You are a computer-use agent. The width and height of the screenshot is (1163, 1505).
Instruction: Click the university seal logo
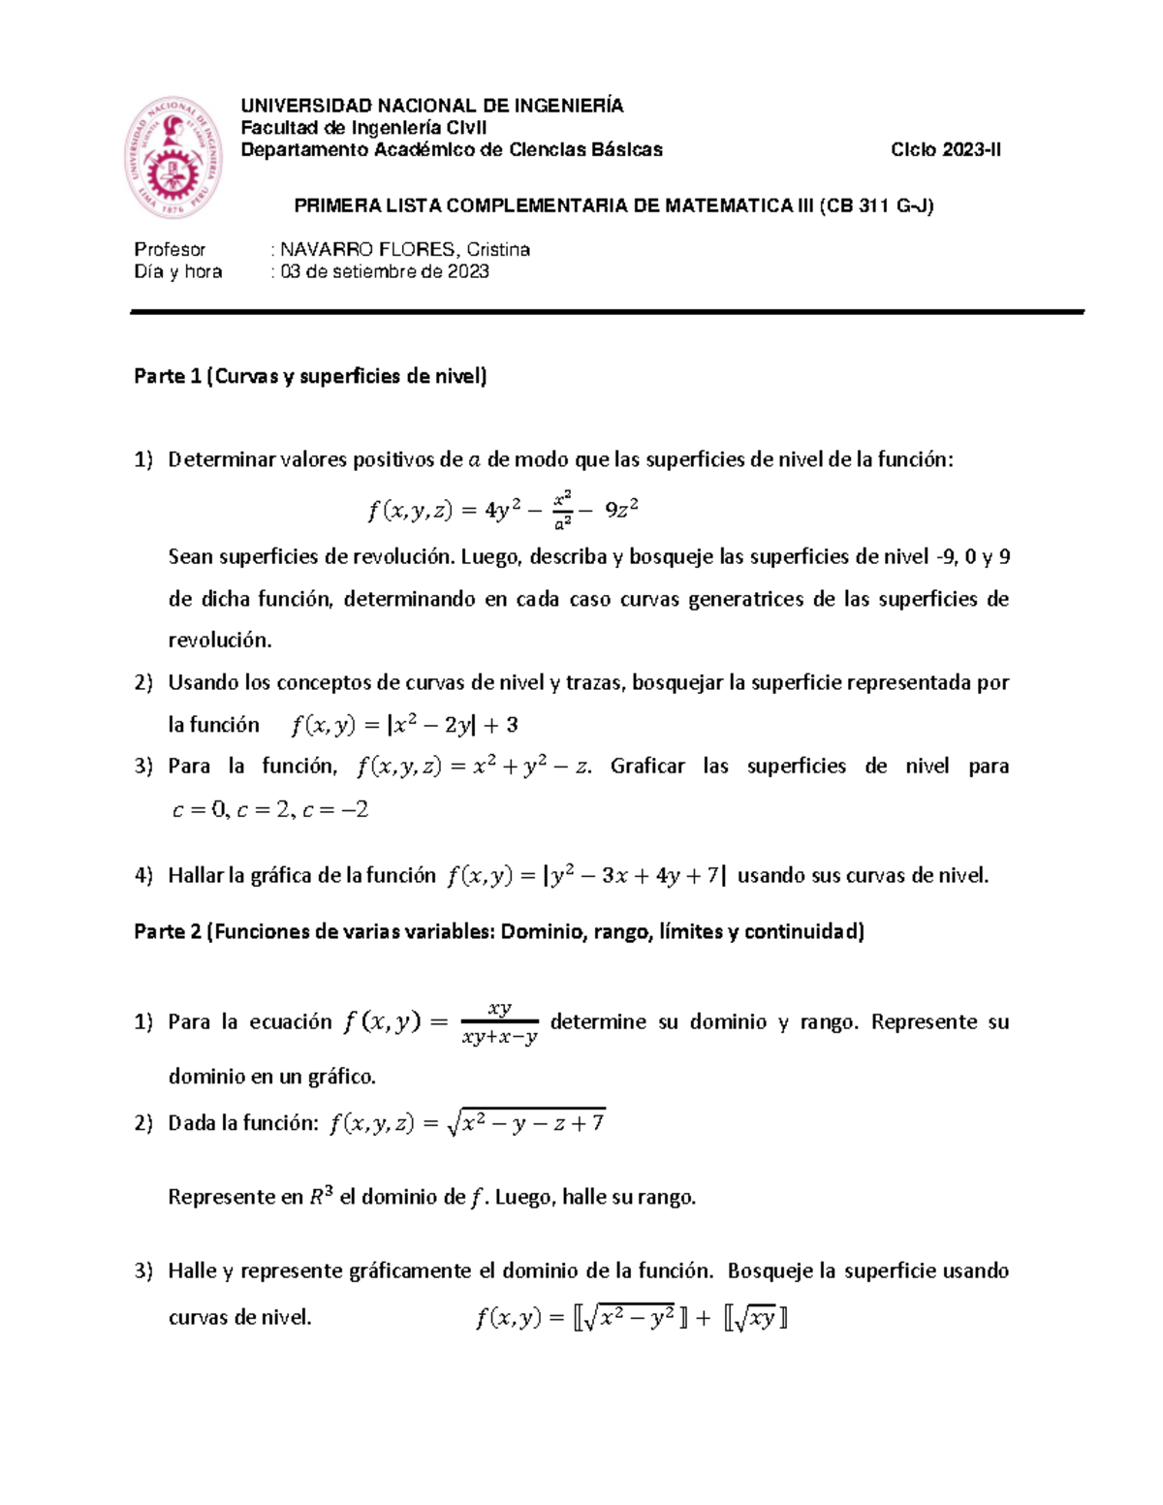coord(173,158)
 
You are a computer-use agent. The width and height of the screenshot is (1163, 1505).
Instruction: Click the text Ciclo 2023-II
coord(946,150)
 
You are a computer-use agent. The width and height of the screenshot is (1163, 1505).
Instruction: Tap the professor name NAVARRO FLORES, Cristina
coord(405,250)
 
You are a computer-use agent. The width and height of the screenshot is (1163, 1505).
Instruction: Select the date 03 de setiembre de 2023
coord(385,272)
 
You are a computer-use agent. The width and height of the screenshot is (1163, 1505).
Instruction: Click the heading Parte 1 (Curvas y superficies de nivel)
coord(310,377)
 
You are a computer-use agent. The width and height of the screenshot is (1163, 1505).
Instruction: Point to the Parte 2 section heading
coord(498,932)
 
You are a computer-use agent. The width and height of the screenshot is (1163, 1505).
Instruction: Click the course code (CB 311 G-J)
coord(876,206)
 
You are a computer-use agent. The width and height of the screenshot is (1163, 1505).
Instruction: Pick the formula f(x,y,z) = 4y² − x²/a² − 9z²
coord(502,510)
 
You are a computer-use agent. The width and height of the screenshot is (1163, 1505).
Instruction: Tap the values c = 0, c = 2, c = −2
coord(269,810)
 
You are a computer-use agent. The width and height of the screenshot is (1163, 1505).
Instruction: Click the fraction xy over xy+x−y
coord(500,1023)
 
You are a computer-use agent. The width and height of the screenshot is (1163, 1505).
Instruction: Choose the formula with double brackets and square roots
coord(631,1318)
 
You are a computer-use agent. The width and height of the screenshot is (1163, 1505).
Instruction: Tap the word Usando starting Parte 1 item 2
coord(204,683)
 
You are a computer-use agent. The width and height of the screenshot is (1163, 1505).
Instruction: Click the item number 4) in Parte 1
coord(143,876)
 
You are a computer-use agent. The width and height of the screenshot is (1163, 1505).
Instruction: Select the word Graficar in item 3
coord(647,767)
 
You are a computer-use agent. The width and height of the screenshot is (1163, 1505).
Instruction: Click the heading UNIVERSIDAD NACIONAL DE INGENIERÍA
coord(431,106)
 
